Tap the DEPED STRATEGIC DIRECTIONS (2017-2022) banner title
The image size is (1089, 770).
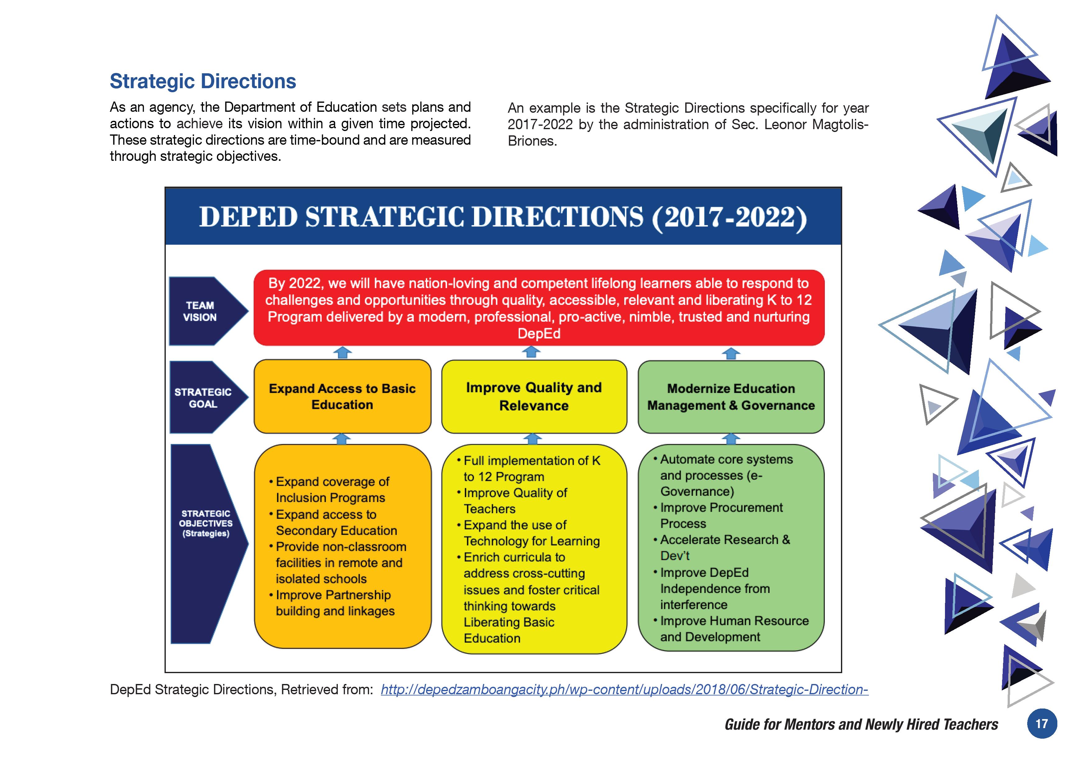coord(503,217)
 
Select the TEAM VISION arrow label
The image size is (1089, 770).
coord(200,311)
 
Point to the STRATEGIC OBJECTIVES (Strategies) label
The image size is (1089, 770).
coord(206,523)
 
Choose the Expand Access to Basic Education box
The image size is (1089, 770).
coord(342,396)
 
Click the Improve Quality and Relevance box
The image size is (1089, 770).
coord(534,396)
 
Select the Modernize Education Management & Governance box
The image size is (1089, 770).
coord(731,396)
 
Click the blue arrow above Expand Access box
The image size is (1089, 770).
coord(342,352)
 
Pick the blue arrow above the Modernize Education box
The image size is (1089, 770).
coord(731,353)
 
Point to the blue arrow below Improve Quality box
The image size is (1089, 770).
coord(532,438)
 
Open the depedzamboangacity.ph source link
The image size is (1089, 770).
coord(624,689)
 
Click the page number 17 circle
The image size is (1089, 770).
coord(1042,723)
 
